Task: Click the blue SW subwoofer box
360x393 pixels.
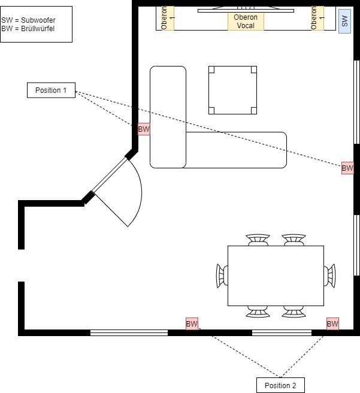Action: click(344, 22)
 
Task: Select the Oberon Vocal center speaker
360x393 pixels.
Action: click(246, 22)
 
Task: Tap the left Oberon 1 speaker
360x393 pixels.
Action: click(168, 18)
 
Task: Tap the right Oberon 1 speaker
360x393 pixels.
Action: click(317, 18)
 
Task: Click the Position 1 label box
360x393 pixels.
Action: click(51, 90)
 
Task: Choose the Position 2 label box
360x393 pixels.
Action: click(280, 385)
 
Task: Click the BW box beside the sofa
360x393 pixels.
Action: click(144, 129)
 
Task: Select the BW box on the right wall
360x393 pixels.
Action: click(347, 168)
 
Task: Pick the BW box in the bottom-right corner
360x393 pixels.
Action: click(332, 324)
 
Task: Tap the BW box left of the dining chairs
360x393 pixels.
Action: click(192, 324)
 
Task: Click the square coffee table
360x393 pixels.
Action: click(232, 90)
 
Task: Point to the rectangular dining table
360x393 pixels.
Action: click(276, 276)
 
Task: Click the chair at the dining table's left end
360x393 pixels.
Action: click(222, 276)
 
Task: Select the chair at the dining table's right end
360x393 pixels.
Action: click(329, 276)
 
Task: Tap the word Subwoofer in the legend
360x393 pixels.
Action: click(38, 20)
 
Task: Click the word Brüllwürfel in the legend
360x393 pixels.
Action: click(38, 29)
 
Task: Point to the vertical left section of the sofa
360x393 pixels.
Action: click(168, 117)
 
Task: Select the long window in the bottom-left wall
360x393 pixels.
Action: click(129, 332)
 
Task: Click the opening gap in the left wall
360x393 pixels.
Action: click(22, 265)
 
